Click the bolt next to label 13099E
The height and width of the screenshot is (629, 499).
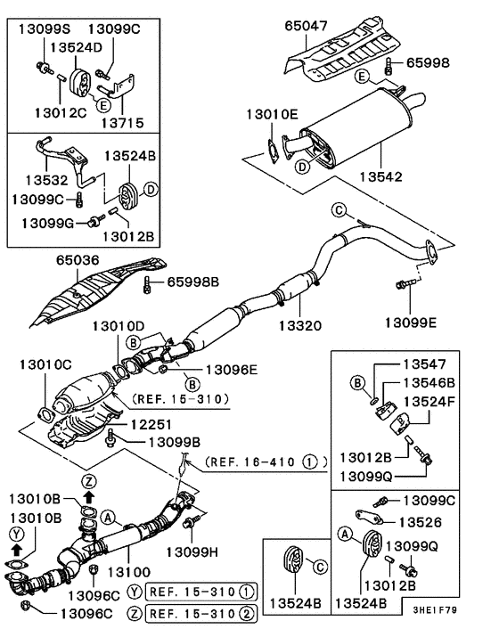coord(402,286)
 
